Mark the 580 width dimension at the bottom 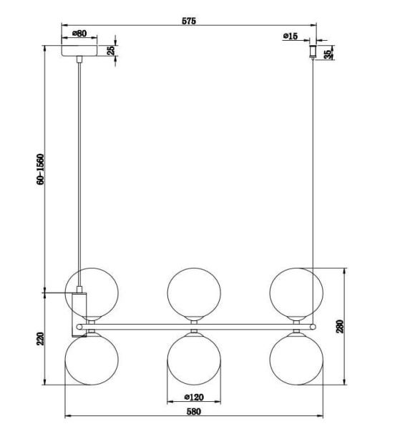193,412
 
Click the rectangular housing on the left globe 79,310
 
